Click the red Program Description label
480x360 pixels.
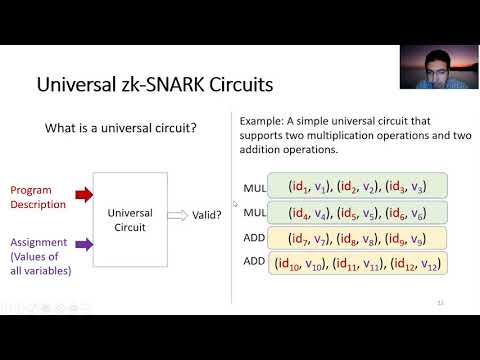coord(38,197)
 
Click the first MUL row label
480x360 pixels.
coord(254,187)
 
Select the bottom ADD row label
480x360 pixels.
coord(254,263)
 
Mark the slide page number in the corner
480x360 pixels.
coord(440,301)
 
